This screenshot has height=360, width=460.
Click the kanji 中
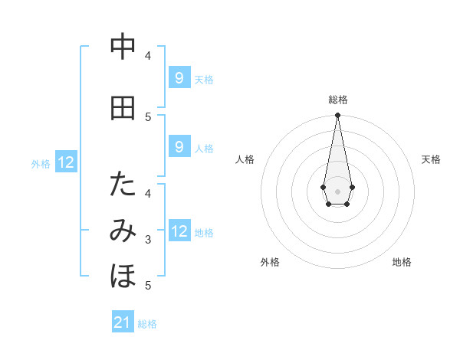(x=123, y=47)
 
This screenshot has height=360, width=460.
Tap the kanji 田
(x=123, y=109)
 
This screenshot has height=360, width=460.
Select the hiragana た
(x=123, y=185)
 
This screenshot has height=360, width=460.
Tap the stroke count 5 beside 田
(x=148, y=116)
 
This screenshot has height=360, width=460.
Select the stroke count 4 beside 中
(x=148, y=55)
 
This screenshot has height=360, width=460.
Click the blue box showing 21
(x=123, y=322)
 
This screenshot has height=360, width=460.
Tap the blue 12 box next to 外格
(x=65, y=162)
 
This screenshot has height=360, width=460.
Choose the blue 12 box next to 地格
(x=179, y=231)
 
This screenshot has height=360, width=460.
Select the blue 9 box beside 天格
(x=179, y=77)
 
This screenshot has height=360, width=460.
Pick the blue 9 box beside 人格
(x=179, y=146)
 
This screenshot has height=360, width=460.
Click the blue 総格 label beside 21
(x=147, y=324)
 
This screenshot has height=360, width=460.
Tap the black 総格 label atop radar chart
(x=337, y=100)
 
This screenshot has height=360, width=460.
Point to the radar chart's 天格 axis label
(x=431, y=159)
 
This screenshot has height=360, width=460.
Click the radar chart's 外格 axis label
(x=270, y=262)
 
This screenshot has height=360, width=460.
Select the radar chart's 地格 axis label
(x=402, y=262)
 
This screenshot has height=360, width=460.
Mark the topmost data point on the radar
(x=337, y=116)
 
